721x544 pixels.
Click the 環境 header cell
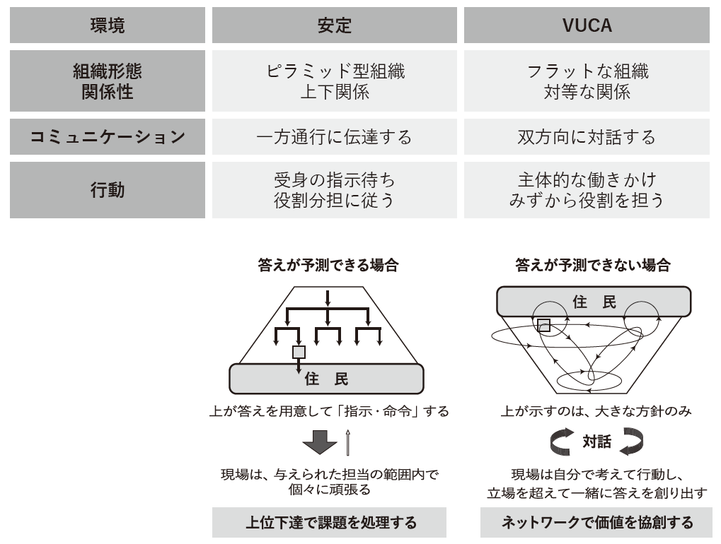click(108, 25)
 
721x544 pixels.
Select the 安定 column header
click(334, 25)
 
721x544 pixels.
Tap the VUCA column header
click(587, 25)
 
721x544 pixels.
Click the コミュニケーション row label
click(108, 137)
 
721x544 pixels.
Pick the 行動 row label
click(108, 190)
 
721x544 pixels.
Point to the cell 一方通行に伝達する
click(334, 137)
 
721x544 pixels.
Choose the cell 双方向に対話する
click(587, 137)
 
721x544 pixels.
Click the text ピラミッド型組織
click(334, 71)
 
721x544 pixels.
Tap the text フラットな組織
click(587, 71)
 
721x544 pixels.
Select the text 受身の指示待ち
click(334, 180)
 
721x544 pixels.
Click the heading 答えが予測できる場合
click(328, 266)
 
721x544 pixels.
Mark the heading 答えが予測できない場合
click(592, 266)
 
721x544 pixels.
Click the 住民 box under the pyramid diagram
click(327, 379)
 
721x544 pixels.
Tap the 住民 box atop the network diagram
click(594, 302)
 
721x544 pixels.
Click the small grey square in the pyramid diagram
click(299, 351)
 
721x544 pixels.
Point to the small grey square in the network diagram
click(543, 325)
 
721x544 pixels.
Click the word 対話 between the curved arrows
click(596, 442)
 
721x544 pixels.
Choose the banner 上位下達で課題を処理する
click(330, 523)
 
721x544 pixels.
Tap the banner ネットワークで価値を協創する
click(596, 523)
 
